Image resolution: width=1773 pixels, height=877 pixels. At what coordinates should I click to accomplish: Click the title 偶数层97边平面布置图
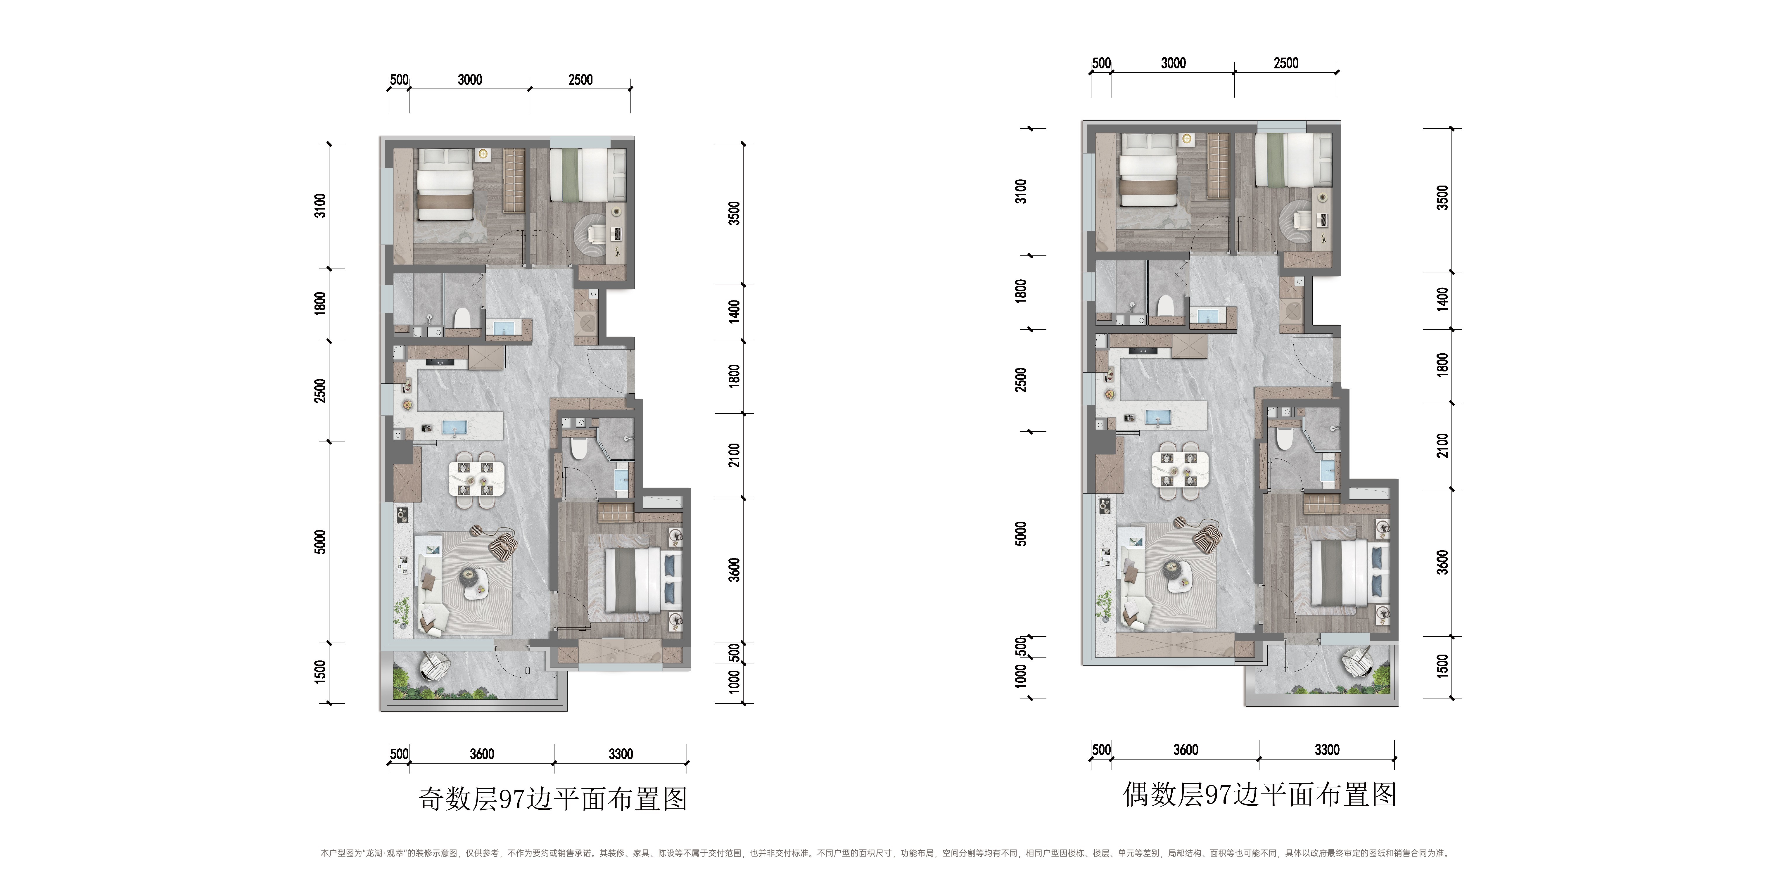point(1259,794)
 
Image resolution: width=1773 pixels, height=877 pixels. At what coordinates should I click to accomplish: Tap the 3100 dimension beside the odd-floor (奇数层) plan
point(320,206)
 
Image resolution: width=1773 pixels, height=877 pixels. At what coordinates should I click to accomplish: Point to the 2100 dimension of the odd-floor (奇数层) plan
point(735,455)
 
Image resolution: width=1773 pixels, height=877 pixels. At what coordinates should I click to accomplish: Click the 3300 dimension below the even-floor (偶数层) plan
point(1327,750)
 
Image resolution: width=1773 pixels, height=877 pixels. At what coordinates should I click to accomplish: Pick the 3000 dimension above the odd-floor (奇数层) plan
point(470,80)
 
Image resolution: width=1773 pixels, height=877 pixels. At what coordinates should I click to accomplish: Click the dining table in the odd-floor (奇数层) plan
point(476,478)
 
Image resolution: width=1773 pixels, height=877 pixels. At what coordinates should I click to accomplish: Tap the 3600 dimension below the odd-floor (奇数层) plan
point(482,754)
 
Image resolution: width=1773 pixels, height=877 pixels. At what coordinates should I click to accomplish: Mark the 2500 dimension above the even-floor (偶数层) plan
point(1286,63)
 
